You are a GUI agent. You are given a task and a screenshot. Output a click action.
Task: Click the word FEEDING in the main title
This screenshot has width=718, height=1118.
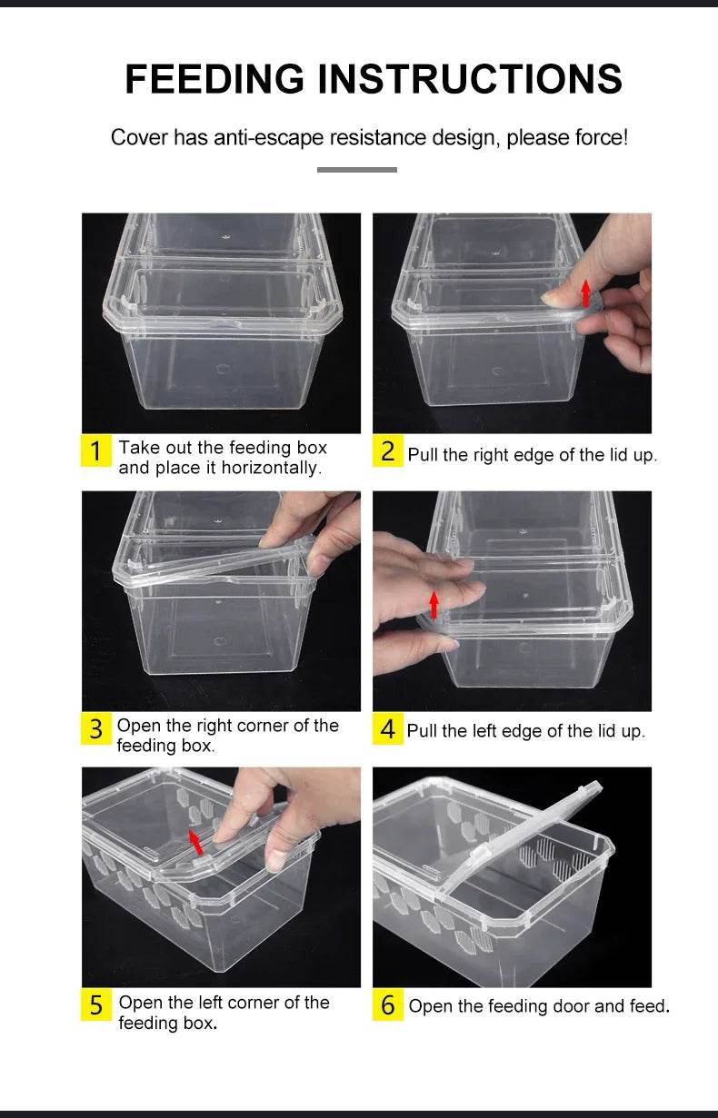[x=214, y=79]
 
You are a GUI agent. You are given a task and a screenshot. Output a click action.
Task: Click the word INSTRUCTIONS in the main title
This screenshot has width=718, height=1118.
[x=469, y=79]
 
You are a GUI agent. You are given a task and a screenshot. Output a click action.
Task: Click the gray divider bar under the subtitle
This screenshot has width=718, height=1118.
[x=357, y=169]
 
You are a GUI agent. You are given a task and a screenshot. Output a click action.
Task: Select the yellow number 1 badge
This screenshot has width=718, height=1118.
[x=96, y=450]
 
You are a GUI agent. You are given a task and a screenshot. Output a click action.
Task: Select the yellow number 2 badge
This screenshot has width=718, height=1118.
[x=387, y=451]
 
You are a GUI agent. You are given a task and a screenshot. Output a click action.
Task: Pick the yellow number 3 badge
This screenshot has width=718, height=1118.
[x=96, y=728]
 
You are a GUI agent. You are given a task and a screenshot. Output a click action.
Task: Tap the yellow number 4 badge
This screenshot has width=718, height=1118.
[x=387, y=729]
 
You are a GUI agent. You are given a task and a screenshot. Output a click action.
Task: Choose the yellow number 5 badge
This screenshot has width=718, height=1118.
[x=96, y=1005]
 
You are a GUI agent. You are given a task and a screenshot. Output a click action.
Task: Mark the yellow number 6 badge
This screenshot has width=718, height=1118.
[x=387, y=1005]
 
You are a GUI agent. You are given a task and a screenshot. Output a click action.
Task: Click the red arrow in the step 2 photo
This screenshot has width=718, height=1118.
[x=585, y=292]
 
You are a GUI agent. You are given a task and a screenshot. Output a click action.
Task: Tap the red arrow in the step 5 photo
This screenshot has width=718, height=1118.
[x=195, y=842]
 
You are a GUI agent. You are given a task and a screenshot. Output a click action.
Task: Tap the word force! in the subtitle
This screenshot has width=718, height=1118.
[x=600, y=138]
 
